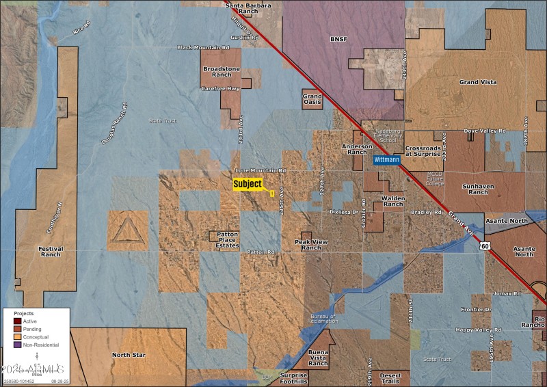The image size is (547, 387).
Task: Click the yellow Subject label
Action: (248, 184)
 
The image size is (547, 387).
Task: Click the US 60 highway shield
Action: (485, 245)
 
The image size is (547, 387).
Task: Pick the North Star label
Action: (129, 355)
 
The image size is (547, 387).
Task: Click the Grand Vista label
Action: (478, 82)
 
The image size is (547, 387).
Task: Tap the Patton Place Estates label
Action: (228, 239)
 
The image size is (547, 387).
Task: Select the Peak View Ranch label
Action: (311, 245)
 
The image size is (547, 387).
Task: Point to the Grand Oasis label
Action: (312, 101)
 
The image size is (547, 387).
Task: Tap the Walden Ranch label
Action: (393, 200)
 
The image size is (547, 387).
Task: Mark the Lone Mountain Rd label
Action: (261, 170)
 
